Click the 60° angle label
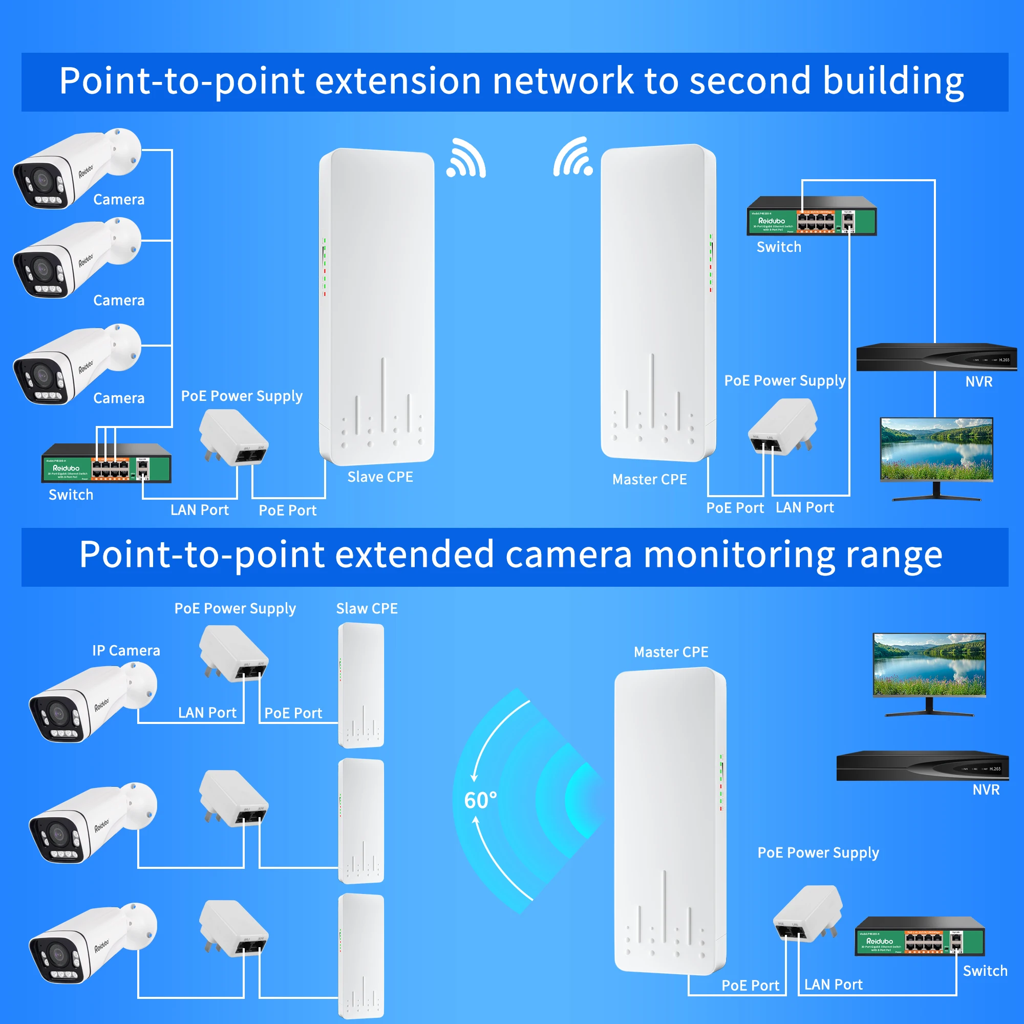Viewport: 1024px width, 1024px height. (480, 800)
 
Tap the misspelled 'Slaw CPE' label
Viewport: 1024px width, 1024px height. (367, 608)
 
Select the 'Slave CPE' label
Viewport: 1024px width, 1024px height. (380, 477)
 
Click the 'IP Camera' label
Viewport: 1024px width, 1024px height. (126, 650)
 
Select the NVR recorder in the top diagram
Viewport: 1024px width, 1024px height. (936, 357)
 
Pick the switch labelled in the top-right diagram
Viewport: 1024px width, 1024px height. (812, 216)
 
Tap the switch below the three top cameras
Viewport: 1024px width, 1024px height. (106, 464)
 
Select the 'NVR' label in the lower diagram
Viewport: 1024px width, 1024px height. (986, 790)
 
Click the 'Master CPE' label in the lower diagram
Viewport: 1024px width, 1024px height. (671, 652)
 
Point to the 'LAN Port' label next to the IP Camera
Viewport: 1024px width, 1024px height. (207, 713)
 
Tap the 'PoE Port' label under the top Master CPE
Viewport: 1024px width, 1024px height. (735, 508)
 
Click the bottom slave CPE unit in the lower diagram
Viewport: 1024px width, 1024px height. (361, 955)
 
